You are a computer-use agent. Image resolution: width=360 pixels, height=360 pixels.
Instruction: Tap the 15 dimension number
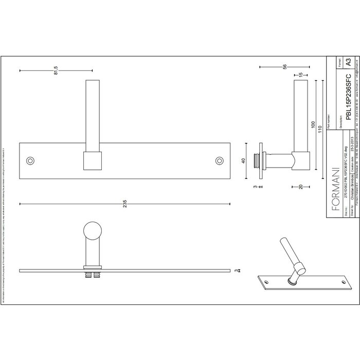300,76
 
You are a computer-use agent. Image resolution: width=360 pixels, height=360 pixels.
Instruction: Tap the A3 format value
350,63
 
